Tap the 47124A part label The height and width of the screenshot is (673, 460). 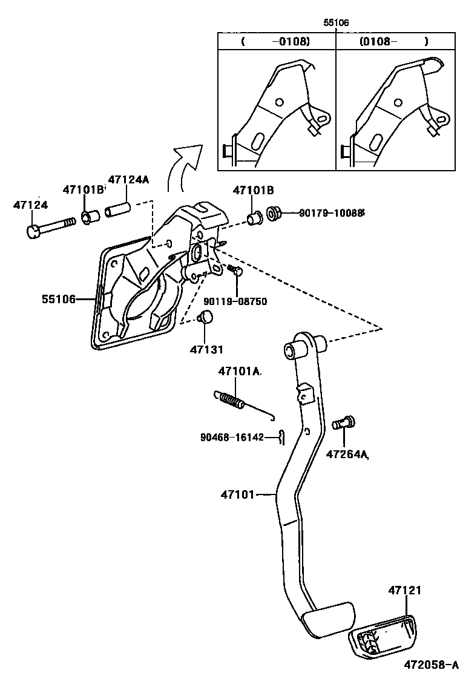pyautogui.click(x=128, y=180)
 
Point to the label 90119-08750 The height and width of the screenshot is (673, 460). pyautogui.click(x=235, y=301)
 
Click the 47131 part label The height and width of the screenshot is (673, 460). pyautogui.click(x=206, y=349)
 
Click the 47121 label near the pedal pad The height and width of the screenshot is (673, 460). pyautogui.click(x=404, y=589)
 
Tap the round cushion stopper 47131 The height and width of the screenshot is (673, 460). pyautogui.click(x=206, y=317)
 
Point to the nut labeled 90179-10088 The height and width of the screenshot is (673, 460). pyautogui.click(x=274, y=214)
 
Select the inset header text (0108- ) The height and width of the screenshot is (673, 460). pyautogui.click(x=393, y=42)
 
